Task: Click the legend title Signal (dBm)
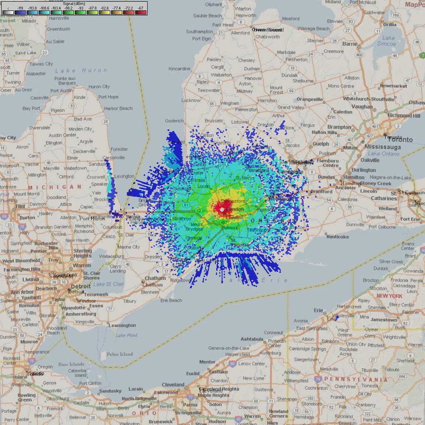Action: [x=74, y=4]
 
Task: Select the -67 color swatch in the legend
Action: [x=141, y=12]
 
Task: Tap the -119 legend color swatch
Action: [x=20, y=12]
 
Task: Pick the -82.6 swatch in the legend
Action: [x=104, y=12]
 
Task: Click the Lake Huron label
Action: [x=81, y=70]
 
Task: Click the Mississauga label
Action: [x=383, y=147]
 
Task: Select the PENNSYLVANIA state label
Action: [x=356, y=379]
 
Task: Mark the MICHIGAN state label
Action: [x=55, y=187]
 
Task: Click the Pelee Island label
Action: [x=120, y=354]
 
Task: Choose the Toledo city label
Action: [x=35, y=373]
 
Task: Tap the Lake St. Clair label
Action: [x=109, y=284]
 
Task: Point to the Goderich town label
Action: [x=174, y=121]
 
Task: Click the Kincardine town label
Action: [x=179, y=69]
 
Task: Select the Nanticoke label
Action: [x=337, y=237]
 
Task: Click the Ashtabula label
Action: [x=252, y=339]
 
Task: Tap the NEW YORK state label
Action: [x=389, y=296]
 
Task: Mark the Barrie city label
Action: [x=350, y=44]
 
